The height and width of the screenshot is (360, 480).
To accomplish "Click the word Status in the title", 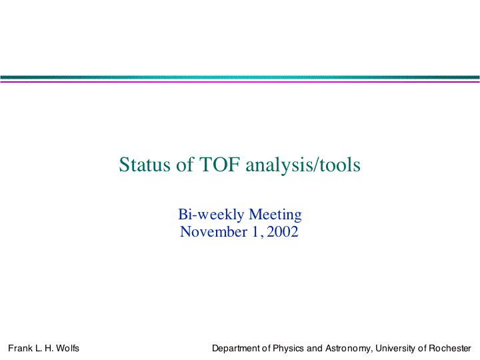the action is click(x=145, y=165).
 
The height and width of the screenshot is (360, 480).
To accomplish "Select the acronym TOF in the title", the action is click(x=219, y=165).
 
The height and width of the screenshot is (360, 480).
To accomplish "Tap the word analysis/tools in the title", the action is click(x=303, y=165).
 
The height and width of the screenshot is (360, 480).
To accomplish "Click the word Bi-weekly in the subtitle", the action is click(x=211, y=215).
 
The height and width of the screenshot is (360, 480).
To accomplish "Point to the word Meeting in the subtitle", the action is click(x=275, y=215).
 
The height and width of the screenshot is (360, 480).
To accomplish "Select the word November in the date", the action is click(x=213, y=232).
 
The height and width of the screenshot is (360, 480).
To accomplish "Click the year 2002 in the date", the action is click(x=282, y=232).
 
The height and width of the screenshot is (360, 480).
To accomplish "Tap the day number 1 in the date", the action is click(x=255, y=232).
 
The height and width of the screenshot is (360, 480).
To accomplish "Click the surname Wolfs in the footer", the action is click(x=67, y=349).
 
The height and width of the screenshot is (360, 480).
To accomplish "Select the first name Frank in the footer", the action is click(x=20, y=349).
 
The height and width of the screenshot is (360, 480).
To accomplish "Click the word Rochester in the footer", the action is click(x=450, y=349).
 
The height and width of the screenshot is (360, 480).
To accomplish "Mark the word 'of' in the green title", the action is click(x=185, y=165).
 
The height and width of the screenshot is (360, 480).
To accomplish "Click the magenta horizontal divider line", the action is click(x=240, y=82).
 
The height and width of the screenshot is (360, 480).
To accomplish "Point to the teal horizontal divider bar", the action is click(x=240, y=77).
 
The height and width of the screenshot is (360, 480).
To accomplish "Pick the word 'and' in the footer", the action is click(x=315, y=349).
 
